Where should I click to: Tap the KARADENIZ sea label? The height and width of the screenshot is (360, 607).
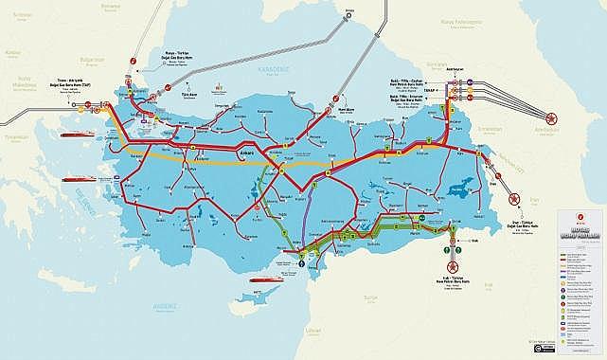pos(258,69)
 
